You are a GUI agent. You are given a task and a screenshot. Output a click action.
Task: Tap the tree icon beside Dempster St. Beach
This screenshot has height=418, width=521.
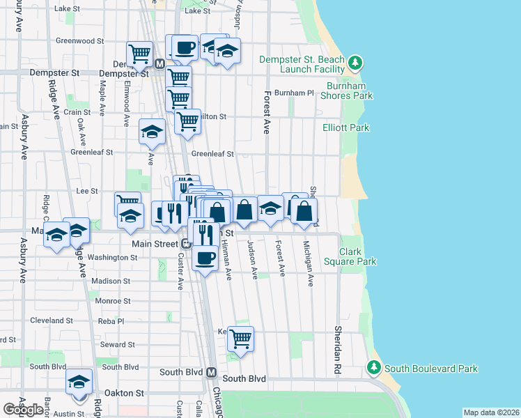(356, 63)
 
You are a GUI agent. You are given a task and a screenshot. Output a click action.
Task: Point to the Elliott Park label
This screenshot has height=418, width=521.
(346, 128)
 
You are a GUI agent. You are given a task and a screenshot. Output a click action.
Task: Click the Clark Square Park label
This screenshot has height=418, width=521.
(358, 256)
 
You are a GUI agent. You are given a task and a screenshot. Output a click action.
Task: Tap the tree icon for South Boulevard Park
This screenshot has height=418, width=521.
(374, 367)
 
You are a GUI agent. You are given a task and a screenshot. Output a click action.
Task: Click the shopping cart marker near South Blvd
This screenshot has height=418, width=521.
(240, 339)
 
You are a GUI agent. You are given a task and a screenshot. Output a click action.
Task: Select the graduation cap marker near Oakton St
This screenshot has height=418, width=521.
(79, 382)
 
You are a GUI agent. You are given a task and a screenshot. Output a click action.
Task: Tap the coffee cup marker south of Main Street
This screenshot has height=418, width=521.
(204, 258)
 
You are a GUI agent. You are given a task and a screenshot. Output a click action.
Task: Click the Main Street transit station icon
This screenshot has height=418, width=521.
(186, 244)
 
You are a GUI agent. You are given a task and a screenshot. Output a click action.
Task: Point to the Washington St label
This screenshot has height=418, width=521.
(114, 257)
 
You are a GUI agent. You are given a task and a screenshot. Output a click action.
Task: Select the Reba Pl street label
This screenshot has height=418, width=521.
(111, 321)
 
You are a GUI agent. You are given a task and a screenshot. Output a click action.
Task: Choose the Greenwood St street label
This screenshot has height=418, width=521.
(79, 41)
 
